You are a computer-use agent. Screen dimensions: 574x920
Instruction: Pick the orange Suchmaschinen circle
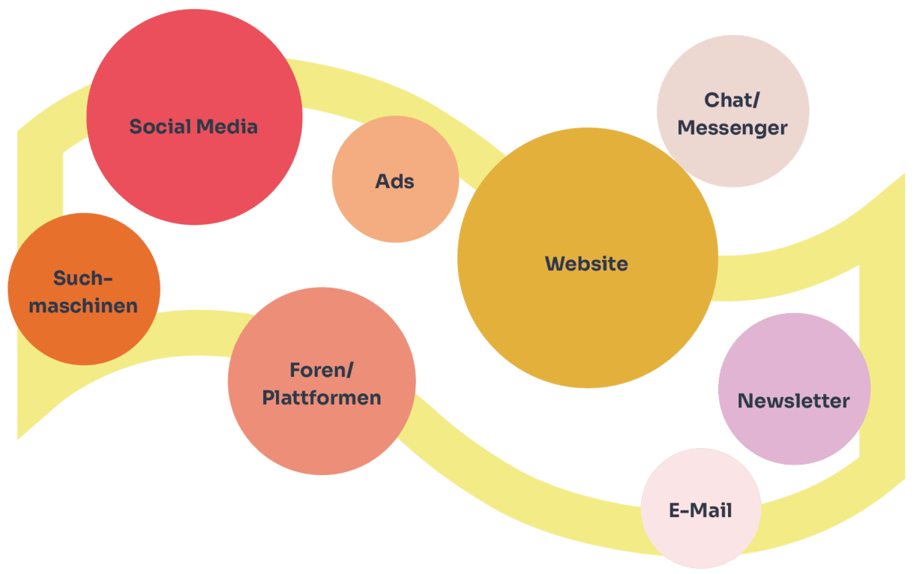pos(84,330)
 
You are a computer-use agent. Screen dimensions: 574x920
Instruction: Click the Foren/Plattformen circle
pos(322,435)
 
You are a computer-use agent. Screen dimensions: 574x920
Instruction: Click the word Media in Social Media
pos(226,127)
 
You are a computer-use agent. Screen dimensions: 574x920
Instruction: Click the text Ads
pos(395,181)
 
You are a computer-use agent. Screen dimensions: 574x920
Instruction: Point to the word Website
pos(586,264)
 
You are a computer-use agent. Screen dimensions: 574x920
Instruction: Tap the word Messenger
pos(733,128)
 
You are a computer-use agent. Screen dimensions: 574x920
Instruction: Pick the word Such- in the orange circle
pos(82,279)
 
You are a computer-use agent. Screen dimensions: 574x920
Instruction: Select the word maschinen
pos(84,306)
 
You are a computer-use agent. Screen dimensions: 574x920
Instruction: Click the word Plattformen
pos(322,397)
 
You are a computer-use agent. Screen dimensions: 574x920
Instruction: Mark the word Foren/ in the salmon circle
pos(322,370)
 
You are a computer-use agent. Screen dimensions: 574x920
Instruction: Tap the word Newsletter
pos(794,401)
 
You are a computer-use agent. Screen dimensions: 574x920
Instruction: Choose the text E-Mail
pos(700,511)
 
